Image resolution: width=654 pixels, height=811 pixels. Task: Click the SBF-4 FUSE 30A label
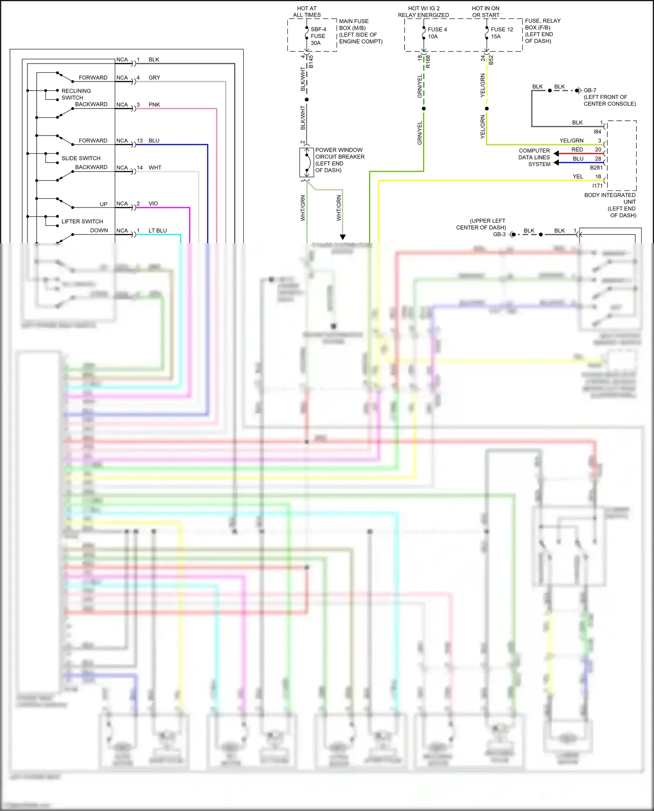pyautogui.click(x=318, y=36)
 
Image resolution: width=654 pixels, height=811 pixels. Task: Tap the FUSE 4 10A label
pyautogui.click(x=437, y=33)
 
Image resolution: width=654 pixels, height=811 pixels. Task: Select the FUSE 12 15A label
pyautogui.click(x=501, y=33)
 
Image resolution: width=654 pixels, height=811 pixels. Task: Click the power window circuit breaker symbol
pyautogui.click(x=307, y=163)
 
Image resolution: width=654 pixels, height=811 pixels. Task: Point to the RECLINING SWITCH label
pyautogui.click(x=76, y=94)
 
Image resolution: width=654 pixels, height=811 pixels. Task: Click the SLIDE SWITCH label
pyautogui.click(x=81, y=158)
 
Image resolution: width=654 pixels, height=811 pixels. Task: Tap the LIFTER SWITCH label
pyautogui.click(x=82, y=221)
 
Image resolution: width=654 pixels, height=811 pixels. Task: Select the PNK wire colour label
pyautogui.click(x=154, y=105)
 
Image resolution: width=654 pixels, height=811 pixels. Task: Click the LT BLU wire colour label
pyautogui.click(x=157, y=231)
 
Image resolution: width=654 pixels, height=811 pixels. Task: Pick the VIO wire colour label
pyautogui.click(x=153, y=204)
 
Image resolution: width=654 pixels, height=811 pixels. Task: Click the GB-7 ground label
pyautogui.click(x=590, y=90)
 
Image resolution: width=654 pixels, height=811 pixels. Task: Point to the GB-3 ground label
pyautogui.click(x=499, y=234)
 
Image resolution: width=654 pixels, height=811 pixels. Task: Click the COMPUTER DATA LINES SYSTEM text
pyautogui.click(x=534, y=157)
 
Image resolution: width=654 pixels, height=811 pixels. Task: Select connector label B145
pyautogui.click(x=311, y=61)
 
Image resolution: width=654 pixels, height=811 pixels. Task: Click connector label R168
pyautogui.click(x=428, y=61)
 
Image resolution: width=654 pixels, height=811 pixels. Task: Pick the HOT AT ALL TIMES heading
pyautogui.click(x=307, y=12)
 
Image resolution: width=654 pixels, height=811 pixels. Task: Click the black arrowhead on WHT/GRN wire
pyautogui.click(x=343, y=237)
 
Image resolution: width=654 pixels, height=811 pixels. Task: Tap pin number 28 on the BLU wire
pyautogui.click(x=598, y=159)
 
